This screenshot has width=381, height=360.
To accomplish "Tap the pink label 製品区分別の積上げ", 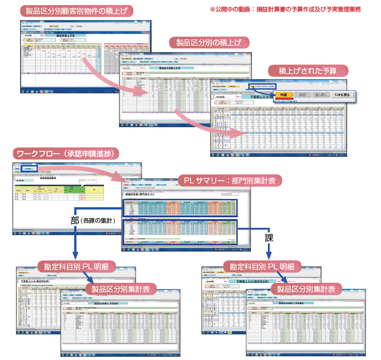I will tap(209, 43).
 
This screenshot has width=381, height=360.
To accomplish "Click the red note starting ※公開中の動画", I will tap(285, 9).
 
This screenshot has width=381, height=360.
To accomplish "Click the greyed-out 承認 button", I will tap(302, 95).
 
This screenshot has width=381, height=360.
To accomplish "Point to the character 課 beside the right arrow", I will tap(269, 238).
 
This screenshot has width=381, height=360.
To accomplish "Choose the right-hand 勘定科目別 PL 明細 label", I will tap(262, 266).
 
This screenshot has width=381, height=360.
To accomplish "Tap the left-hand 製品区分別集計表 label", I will tap(121, 289).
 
